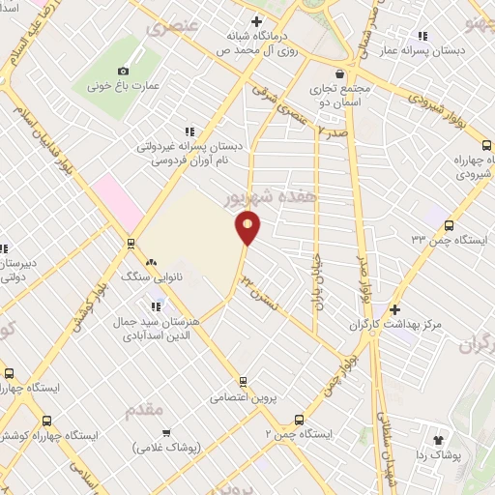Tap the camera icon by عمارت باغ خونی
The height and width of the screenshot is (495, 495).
[123, 71]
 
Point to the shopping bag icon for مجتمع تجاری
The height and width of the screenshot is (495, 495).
[338, 73]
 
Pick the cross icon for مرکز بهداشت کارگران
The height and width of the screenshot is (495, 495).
[393, 309]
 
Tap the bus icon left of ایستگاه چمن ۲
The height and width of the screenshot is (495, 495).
[298, 420]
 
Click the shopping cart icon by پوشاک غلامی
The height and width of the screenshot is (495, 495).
[165, 432]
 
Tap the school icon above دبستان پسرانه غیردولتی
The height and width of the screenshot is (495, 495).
[189, 131]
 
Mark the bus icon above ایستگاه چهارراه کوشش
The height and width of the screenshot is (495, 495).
[8, 373]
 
